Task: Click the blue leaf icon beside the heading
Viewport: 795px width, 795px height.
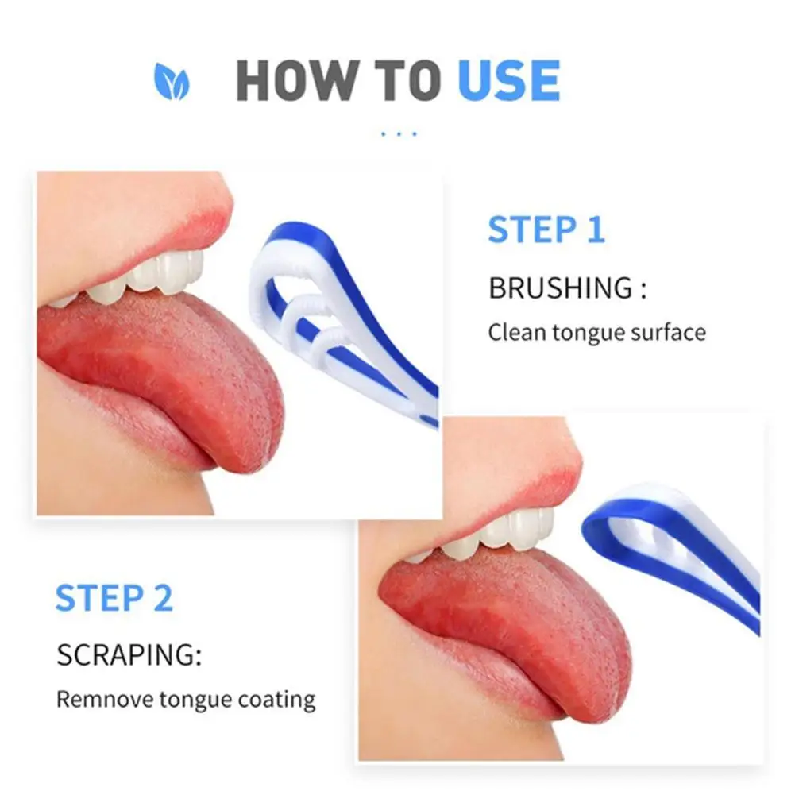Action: click(x=172, y=82)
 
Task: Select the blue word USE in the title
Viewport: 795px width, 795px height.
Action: click(x=509, y=80)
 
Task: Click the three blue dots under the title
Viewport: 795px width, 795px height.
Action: click(x=399, y=134)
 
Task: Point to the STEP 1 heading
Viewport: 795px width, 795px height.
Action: click(x=546, y=230)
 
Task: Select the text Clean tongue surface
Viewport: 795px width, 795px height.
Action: click(x=596, y=331)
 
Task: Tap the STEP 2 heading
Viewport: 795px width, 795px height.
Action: click(x=114, y=598)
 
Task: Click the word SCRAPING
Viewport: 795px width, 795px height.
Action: click(x=129, y=656)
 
